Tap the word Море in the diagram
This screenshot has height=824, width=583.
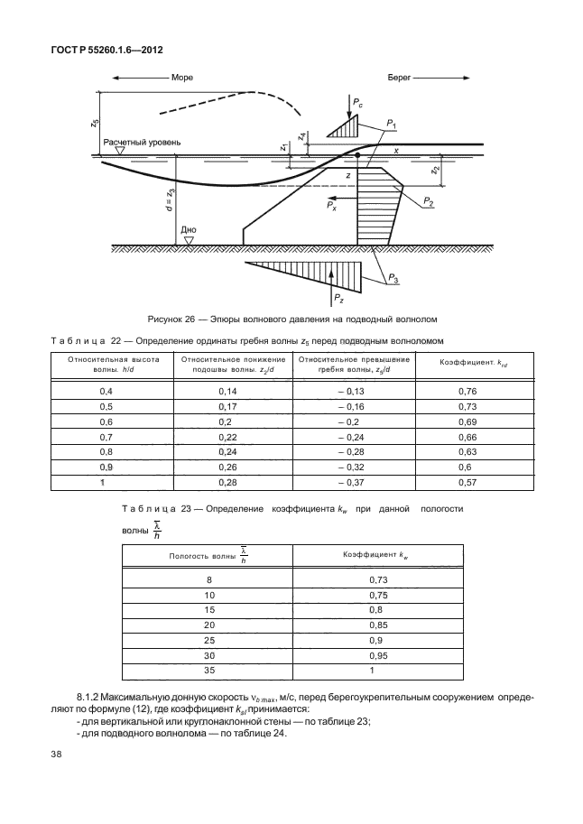(182, 79)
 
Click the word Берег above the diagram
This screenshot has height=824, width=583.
(400, 79)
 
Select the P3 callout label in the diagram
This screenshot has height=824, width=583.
(395, 281)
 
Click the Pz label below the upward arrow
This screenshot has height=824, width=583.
(338, 299)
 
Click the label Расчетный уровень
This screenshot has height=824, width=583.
(142, 143)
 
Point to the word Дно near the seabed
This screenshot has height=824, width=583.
(188, 230)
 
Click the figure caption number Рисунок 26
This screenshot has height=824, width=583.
(176, 319)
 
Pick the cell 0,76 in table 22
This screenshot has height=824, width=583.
(467, 391)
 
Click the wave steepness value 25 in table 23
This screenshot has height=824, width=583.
(208, 639)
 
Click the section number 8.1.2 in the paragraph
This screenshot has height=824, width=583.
(93, 697)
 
